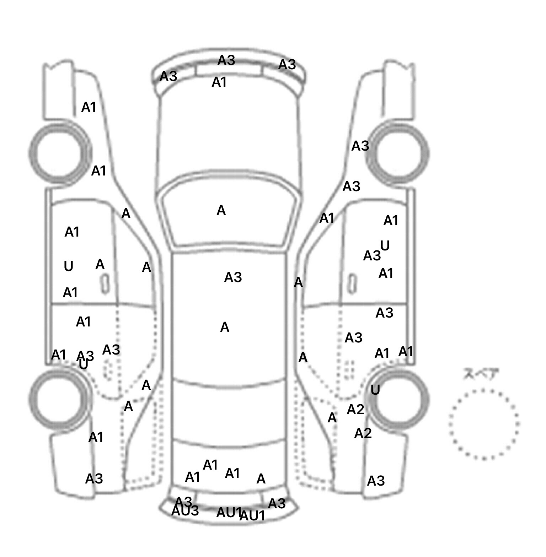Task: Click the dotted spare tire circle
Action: pyautogui.click(x=484, y=424)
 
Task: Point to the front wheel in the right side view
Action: pyautogui.click(x=400, y=153)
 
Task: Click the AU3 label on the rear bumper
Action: pyautogui.click(x=185, y=511)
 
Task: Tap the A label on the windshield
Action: pyautogui.click(x=221, y=211)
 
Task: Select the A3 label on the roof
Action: pyautogui.click(x=233, y=277)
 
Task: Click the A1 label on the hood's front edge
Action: pyautogui.click(x=219, y=82)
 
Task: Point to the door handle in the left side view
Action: pyautogui.click(x=105, y=285)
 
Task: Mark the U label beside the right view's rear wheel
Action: pyautogui.click(x=375, y=390)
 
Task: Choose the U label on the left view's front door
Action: pyautogui.click(x=68, y=266)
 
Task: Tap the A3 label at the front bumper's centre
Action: pyautogui.click(x=226, y=60)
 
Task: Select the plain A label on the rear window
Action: pyautogui.click(x=261, y=479)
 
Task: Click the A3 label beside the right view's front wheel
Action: pyautogui.click(x=360, y=146)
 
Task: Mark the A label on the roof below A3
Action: pyautogui.click(x=225, y=327)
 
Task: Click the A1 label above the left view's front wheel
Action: pyautogui.click(x=89, y=107)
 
